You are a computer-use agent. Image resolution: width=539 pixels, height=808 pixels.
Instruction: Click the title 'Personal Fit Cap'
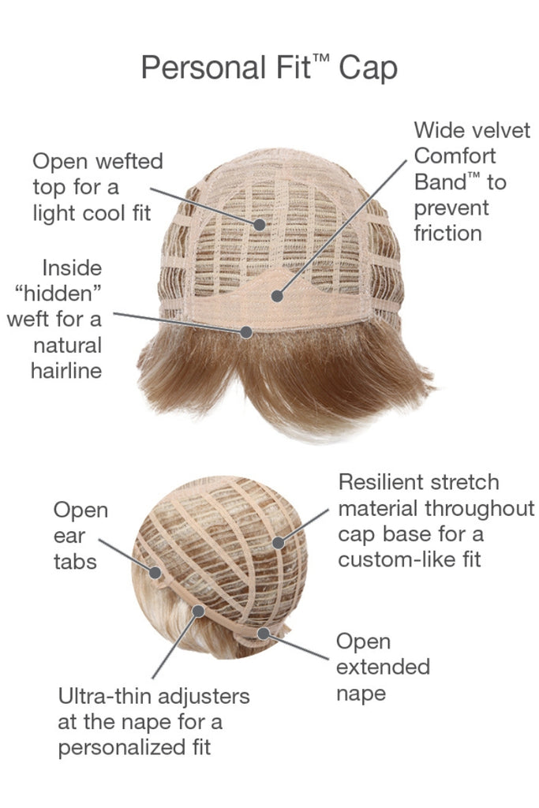point(269,69)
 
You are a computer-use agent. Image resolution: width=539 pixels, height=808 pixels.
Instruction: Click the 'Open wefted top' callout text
point(97,186)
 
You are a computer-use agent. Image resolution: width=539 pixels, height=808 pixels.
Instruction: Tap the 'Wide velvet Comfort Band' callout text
point(460,181)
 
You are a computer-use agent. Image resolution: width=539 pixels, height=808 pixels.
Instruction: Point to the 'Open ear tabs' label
point(80,536)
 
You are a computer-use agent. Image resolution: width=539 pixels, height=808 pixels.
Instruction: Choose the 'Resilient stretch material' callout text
point(436,521)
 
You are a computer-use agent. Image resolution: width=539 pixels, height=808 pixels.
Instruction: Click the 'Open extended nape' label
point(383,667)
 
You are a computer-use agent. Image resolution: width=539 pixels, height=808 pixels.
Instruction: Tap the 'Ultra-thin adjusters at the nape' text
point(154,721)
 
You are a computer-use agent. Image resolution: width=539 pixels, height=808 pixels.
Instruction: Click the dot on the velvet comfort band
point(277,296)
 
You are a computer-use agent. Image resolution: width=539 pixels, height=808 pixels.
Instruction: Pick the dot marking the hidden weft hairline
point(247,332)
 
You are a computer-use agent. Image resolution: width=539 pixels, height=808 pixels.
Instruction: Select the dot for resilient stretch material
point(278,543)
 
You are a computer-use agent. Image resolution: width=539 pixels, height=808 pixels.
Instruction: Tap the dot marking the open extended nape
point(263,634)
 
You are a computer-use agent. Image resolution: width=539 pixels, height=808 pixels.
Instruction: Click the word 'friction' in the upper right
point(447,233)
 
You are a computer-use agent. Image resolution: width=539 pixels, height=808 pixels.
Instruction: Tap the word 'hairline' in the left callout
point(67,370)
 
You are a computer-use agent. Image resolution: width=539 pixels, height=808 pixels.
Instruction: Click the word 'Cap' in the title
point(369,69)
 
